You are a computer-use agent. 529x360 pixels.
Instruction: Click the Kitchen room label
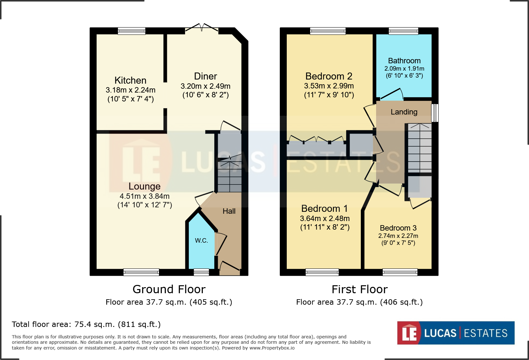(130, 80)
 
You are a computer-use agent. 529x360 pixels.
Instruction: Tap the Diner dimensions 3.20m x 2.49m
(205, 86)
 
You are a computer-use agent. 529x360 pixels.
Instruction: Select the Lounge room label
(144, 186)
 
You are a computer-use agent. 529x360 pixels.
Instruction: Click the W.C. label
(201, 241)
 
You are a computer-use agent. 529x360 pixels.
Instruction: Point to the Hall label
(229, 211)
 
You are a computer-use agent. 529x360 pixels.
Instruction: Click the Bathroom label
(404, 61)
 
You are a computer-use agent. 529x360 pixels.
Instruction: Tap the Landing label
(404, 112)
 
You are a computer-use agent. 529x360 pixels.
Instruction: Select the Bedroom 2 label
(329, 76)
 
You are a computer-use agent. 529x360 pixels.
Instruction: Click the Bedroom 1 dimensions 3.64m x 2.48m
(325, 218)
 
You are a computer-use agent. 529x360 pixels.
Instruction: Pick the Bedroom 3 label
(398, 228)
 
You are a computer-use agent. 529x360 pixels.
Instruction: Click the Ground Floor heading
(169, 289)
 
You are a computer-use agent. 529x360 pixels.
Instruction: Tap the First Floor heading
(360, 289)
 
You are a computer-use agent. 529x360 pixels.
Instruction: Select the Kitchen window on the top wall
(131, 31)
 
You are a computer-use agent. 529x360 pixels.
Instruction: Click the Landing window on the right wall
(435, 113)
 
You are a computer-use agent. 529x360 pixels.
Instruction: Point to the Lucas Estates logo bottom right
(456, 333)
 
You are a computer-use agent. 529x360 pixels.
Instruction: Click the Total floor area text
(86, 324)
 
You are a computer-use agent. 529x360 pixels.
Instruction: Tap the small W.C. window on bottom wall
(201, 272)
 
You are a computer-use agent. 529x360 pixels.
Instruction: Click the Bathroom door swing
(392, 94)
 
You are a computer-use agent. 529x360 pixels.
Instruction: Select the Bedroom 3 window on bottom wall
(400, 272)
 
